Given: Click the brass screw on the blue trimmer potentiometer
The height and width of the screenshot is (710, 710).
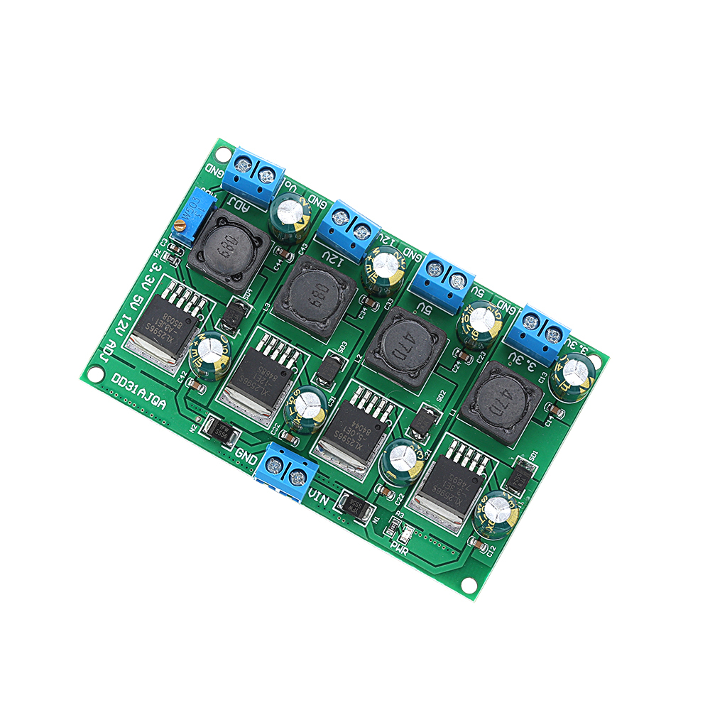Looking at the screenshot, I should (x=182, y=226).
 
